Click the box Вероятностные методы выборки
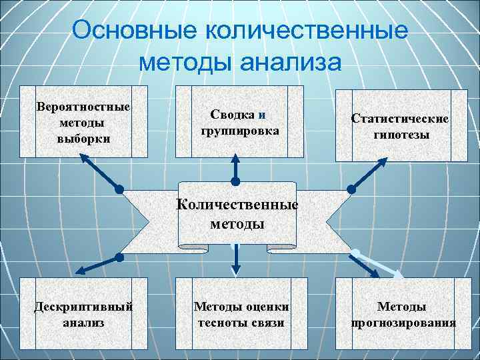(83, 123)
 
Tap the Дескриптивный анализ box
(83, 314)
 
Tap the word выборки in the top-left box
(83, 139)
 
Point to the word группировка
(239, 131)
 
